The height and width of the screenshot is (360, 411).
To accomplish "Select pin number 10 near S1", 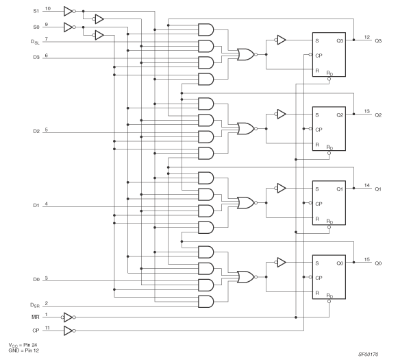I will click(47, 8).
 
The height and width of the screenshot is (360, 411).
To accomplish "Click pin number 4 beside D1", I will click(46, 204).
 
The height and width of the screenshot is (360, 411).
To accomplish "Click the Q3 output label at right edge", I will click(379, 40).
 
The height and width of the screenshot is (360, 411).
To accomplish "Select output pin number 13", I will click(366, 110).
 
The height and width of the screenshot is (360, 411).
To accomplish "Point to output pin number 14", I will click(366, 184).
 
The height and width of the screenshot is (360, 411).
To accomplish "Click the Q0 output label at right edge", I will click(379, 262).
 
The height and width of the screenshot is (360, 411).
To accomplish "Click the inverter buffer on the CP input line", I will click(67, 330).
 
